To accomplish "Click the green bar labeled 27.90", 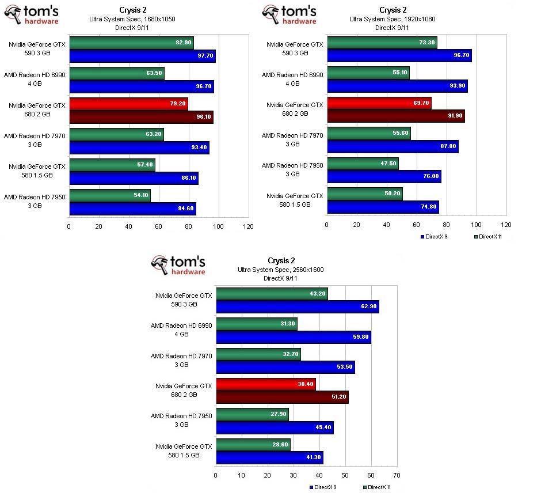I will click(252, 415).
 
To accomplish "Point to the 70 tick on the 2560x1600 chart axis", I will click(397, 476).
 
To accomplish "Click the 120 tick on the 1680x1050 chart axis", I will click(248, 226).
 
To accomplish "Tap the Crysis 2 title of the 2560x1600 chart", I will click(280, 261).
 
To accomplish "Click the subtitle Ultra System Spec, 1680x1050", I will click(132, 19).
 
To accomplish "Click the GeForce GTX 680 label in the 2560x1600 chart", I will click(184, 390).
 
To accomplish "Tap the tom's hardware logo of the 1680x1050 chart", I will click(32, 14).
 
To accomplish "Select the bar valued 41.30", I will click(269, 457).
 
